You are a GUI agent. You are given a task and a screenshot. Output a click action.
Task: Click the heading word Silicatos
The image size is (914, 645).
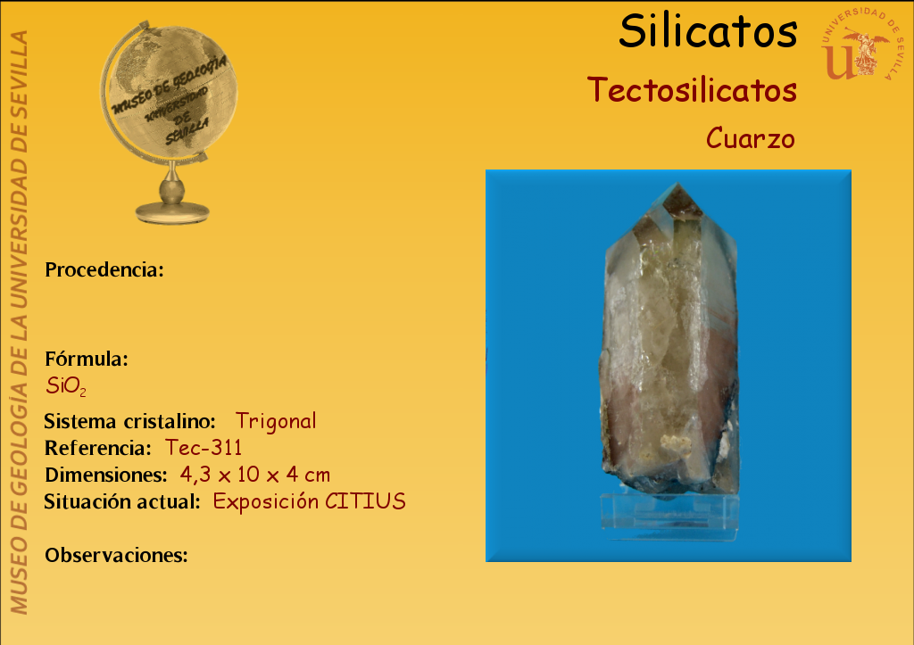pyautogui.click(x=708, y=31)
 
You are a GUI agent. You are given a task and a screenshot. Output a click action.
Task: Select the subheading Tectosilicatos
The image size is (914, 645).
pyautogui.click(x=692, y=90)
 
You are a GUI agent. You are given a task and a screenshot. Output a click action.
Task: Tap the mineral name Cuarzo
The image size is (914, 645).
pyautogui.click(x=751, y=138)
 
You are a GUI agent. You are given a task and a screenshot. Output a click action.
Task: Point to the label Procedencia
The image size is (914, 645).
pyautogui.click(x=104, y=269)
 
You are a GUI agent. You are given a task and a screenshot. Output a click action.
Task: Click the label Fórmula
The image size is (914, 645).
pyautogui.click(x=87, y=359)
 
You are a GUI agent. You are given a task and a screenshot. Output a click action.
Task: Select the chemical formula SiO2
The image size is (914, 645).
pyautogui.click(x=66, y=386)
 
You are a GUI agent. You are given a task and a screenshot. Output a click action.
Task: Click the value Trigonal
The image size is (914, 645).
pyautogui.click(x=276, y=421)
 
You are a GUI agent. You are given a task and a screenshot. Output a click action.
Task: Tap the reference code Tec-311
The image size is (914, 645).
pyautogui.click(x=204, y=448)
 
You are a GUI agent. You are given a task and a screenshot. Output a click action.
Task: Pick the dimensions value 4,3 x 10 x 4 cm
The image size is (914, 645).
pyautogui.click(x=255, y=475)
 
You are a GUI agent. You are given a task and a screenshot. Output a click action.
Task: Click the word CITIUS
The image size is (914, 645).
pyautogui.click(x=365, y=501)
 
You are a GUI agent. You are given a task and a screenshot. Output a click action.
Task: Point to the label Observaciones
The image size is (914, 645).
pyautogui.click(x=117, y=555)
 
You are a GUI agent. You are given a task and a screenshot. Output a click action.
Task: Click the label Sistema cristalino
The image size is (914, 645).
pyautogui.click(x=130, y=421)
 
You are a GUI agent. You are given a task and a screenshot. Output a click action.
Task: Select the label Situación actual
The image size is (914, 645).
pyautogui.click(x=122, y=501)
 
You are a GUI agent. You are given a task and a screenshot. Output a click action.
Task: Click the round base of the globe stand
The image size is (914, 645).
pyautogui.click(x=172, y=211)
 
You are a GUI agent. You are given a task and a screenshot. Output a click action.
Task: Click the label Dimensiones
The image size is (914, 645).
pyautogui.click(x=106, y=475)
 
